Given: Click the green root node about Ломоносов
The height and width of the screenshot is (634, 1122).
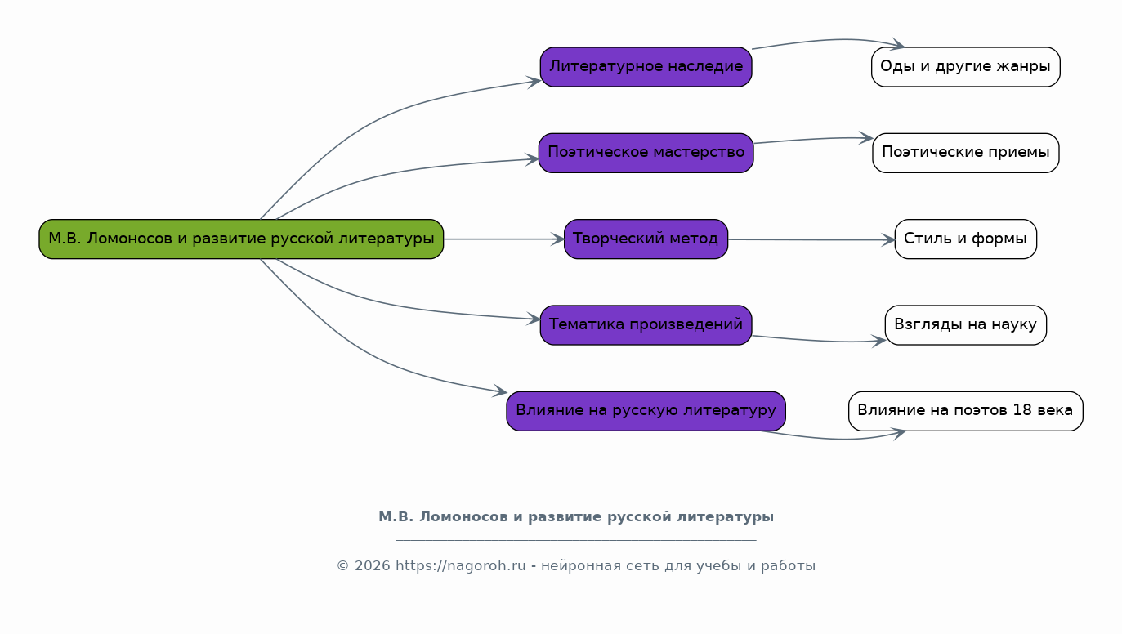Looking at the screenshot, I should pos(241,239).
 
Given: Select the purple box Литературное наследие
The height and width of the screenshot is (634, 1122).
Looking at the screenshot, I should pos(646,67).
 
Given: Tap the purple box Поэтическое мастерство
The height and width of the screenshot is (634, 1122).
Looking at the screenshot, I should pos(646,153).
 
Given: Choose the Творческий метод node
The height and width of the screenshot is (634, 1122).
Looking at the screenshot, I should pos(646,239).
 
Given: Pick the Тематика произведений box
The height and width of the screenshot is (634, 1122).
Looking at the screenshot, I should pos(646,325).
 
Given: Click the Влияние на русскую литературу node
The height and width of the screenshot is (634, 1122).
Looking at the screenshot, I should pos(646,411).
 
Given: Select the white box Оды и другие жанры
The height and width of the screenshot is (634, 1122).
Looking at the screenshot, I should pos(965,67).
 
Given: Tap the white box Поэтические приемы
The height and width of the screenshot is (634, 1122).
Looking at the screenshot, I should pos(965,153).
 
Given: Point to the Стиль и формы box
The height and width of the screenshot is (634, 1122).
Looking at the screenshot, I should pos(965,239).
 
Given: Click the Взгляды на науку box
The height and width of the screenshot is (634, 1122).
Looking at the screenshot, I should pos(965,325).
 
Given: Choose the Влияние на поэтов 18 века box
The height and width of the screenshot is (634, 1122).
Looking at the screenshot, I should pos(965,411).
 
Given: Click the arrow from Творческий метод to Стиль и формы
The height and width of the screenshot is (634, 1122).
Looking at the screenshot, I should pos(809,239).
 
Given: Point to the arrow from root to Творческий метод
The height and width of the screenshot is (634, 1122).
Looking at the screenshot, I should pos(503,239).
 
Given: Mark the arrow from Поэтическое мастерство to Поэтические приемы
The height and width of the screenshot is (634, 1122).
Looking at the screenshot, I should pos(813,140).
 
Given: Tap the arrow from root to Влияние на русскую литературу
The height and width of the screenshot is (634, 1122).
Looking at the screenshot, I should pos(368,359).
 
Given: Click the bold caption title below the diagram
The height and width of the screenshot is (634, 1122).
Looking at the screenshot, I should pos(576,517).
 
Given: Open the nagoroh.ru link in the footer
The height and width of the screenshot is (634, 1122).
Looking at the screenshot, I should pos(461,566).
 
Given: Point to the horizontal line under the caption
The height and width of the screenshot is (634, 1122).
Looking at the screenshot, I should pos(576,540).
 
